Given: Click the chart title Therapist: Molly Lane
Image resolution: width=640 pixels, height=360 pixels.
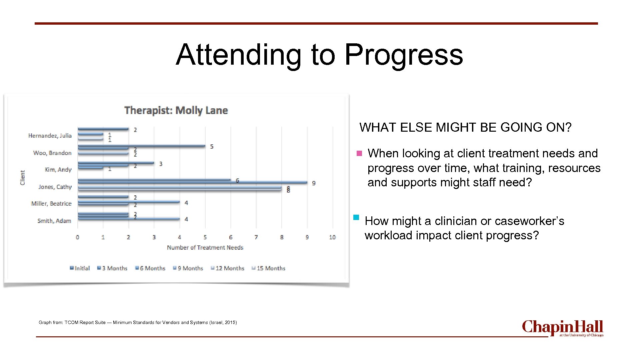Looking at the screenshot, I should click(176, 110).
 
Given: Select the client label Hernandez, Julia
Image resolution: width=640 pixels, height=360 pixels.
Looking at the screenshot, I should click(50, 136).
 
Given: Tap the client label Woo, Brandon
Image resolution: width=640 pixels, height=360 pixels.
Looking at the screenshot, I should click(52, 153).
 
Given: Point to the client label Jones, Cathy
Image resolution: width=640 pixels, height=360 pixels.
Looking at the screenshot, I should click(55, 187).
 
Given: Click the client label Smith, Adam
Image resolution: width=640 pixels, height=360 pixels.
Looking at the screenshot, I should click(54, 221).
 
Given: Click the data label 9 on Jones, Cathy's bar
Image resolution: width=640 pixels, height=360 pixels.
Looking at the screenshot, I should click(313, 183).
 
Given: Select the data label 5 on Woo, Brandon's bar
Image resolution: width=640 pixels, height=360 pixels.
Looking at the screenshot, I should click(212, 147).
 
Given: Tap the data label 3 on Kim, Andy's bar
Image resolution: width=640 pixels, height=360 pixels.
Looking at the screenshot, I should click(161, 164).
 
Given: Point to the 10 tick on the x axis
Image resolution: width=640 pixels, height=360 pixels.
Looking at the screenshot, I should click(332, 237).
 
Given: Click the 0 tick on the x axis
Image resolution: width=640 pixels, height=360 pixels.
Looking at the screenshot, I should click(78, 237).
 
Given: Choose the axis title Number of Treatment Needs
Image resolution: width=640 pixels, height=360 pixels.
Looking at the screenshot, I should click(205, 248).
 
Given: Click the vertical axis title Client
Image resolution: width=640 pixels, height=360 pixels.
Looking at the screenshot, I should click(23, 178).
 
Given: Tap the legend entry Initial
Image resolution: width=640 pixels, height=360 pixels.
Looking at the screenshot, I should click(80, 268).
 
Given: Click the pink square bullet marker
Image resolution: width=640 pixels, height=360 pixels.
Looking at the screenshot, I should click(359, 154).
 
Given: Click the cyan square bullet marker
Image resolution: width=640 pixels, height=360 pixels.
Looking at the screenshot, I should click(356, 218).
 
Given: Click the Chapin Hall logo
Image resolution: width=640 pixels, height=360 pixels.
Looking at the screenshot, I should click(562, 328).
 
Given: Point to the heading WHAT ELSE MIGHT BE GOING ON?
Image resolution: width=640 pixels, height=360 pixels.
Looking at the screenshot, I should click(465, 127).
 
